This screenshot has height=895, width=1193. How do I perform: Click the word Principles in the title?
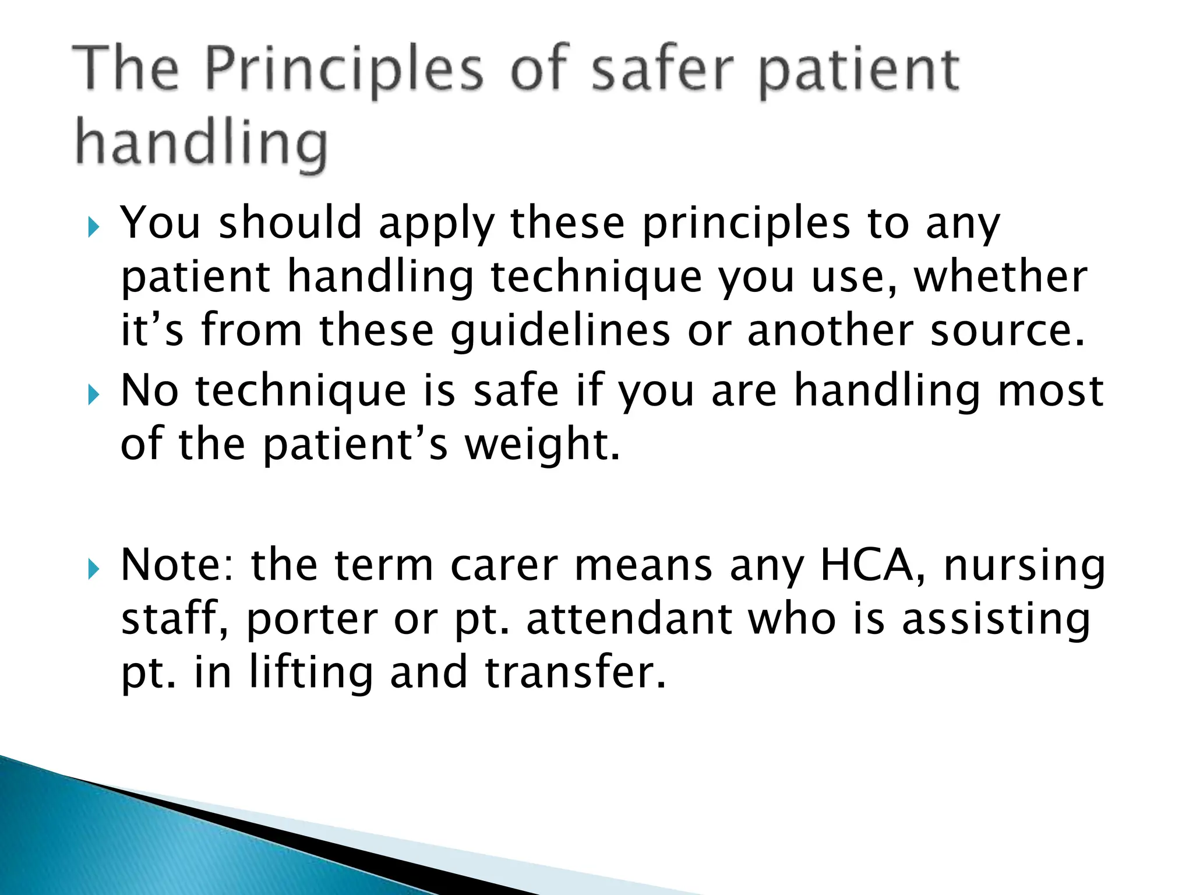344,70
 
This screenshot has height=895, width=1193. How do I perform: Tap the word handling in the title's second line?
201,143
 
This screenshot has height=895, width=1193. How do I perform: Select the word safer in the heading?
661,70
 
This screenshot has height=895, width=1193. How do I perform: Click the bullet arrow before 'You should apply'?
93,227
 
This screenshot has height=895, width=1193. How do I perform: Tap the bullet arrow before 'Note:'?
93,569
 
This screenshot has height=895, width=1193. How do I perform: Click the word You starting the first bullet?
160,223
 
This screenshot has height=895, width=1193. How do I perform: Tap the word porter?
312,620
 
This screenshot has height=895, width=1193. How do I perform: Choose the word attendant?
629,619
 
